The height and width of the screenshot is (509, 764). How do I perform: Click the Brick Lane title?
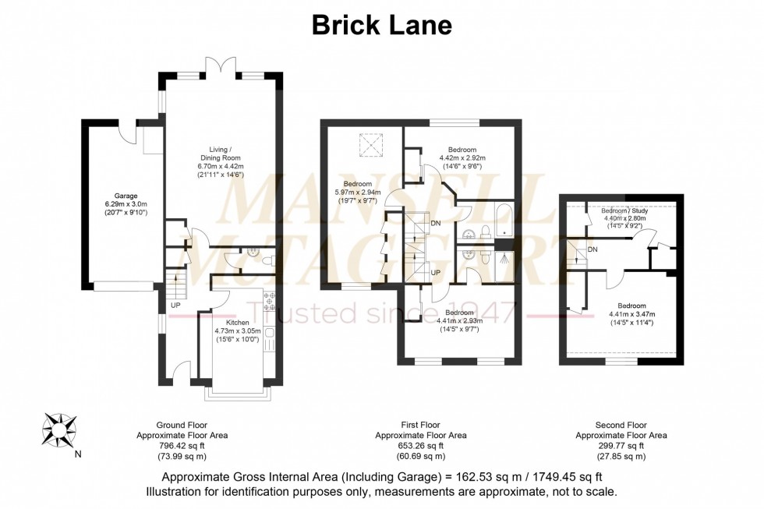[381, 25]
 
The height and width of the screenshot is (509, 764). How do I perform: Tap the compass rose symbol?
[58, 427]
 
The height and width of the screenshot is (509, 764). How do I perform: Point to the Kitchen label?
[237, 322]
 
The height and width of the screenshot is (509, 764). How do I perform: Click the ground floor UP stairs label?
[175, 305]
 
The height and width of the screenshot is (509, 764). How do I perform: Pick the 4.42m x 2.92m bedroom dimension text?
[462, 157]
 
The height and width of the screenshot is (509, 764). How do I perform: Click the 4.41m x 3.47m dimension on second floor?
[631, 314]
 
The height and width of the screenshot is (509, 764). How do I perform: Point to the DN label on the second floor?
[593, 249]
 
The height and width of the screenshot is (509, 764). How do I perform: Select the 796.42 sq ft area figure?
[182, 446]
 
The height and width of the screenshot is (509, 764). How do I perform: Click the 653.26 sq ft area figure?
[420, 446]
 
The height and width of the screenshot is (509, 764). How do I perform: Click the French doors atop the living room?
[218, 66]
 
